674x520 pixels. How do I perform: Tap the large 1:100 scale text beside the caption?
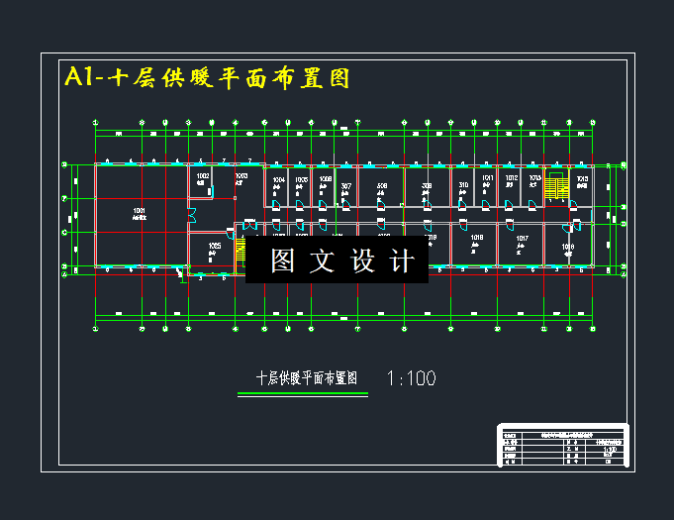click(x=411, y=378)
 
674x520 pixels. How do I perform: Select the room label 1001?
click(x=140, y=211)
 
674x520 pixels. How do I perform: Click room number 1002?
click(x=203, y=175)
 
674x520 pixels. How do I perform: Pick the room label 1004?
click(x=279, y=180)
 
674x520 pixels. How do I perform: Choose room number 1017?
click(x=522, y=239)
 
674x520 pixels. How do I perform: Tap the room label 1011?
click(x=487, y=179)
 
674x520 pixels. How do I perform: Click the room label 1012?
click(x=511, y=179)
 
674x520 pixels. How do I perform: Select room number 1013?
click(x=534, y=179)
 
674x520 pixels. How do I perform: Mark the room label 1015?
click(x=583, y=179)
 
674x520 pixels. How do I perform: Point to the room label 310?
click(x=463, y=185)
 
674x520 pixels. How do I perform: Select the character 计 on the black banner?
click(x=403, y=261)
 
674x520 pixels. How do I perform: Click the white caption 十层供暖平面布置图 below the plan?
click(x=306, y=378)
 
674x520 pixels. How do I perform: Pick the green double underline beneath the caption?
click(x=303, y=394)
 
